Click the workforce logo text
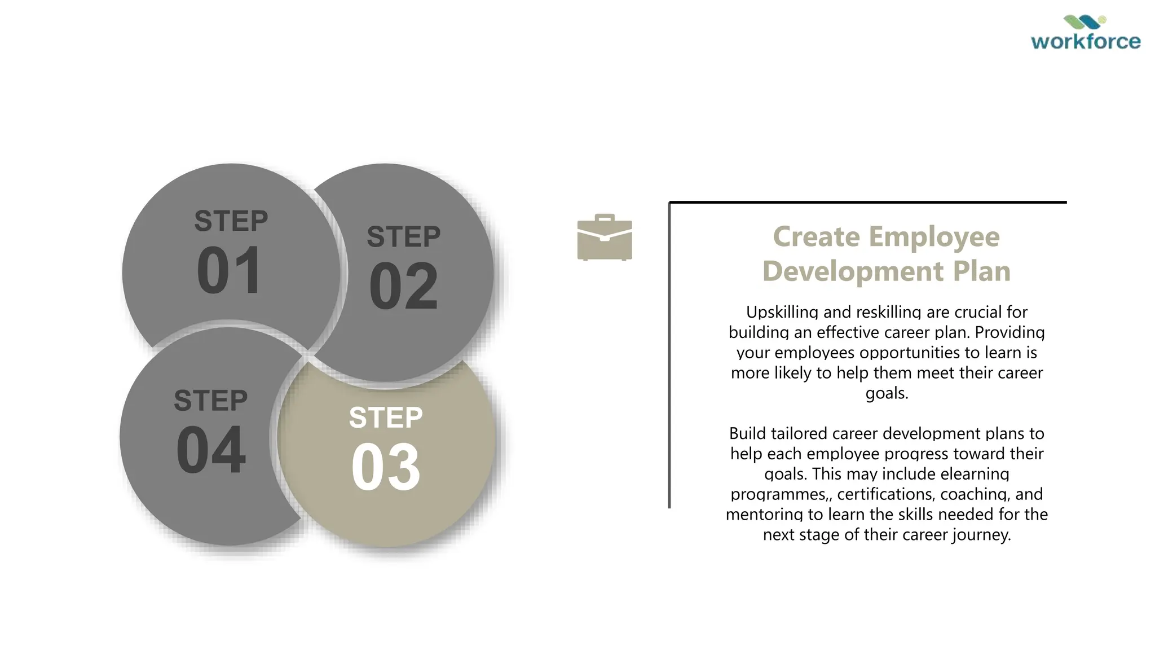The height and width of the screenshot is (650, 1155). pyautogui.click(x=1085, y=41)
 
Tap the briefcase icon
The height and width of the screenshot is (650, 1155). pyautogui.click(x=605, y=238)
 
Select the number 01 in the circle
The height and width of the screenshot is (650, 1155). pyautogui.click(x=230, y=271)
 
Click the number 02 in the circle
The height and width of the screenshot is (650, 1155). pyautogui.click(x=403, y=287)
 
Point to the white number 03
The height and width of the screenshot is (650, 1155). pyautogui.click(x=386, y=467)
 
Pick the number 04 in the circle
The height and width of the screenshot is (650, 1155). pyautogui.click(x=211, y=450)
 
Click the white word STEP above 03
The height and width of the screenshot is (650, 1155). pyautogui.click(x=386, y=418)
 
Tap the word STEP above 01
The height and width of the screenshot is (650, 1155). pyautogui.click(x=231, y=221)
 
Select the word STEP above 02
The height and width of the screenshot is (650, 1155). pyautogui.click(x=404, y=236)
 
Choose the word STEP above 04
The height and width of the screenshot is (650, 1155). pyautogui.click(x=211, y=401)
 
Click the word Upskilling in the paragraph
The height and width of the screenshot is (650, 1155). pyautogui.click(x=782, y=312)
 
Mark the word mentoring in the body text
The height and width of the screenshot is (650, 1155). pyautogui.click(x=764, y=515)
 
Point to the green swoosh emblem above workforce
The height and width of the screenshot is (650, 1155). pyautogui.click(x=1085, y=22)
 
